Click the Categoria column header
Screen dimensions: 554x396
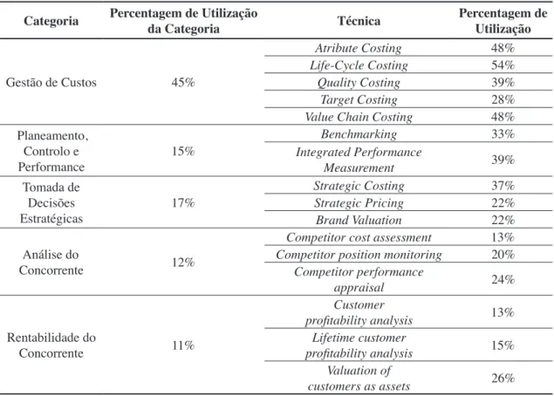point(51,21)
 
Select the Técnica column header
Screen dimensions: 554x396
point(359,21)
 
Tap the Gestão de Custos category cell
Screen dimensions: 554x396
point(51,82)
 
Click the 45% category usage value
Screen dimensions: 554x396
point(183,82)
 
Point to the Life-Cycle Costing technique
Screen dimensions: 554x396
point(359,65)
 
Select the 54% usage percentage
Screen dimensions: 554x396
point(503,65)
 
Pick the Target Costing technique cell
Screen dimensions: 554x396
point(359,99)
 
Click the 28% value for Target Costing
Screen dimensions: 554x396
point(503,99)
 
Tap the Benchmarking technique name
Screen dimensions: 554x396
point(359,134)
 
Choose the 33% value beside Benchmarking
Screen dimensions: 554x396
point(503,134)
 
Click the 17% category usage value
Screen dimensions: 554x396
point(183,202)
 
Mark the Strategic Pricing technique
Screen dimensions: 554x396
point(359,203)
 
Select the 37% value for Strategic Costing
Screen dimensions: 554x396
point(503,186)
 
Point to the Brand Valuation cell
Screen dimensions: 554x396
point(359,220)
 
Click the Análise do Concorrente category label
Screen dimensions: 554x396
point(51,263)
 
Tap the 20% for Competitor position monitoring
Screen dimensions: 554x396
point(503,255)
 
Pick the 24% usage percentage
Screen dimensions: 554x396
point(503,280)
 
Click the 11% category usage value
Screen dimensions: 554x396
point(183,345)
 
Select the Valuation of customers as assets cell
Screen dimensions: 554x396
point(359,379)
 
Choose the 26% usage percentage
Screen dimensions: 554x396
point(503,379)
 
